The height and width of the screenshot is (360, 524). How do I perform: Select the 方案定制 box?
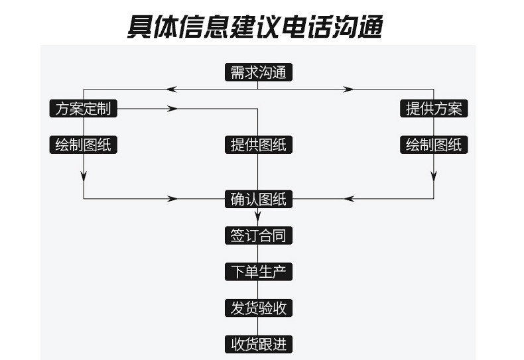point(84,109)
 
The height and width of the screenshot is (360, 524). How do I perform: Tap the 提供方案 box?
point(434,109)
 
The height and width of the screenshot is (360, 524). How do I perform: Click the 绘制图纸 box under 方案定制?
point(84,145)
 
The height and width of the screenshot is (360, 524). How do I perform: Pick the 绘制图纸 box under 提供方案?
point(434,145)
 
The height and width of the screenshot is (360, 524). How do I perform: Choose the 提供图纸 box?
point(258,145)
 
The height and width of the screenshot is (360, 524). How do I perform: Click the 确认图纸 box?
point(258,199)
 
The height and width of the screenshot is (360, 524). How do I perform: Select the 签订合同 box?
point(258,235)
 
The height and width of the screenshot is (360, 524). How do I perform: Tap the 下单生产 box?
point(258,272)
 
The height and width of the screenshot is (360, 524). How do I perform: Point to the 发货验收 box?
point(258,308)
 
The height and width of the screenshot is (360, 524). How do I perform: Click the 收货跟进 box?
point(258,345)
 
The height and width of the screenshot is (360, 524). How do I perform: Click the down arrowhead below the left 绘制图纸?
point(84,176)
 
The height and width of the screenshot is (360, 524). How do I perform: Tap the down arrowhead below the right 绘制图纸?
point(434,176)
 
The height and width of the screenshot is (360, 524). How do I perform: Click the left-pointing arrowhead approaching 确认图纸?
point(350,199)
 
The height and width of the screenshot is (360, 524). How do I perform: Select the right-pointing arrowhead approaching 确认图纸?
point(173,199)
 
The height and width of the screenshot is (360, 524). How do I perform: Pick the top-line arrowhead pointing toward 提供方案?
point(348,89)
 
